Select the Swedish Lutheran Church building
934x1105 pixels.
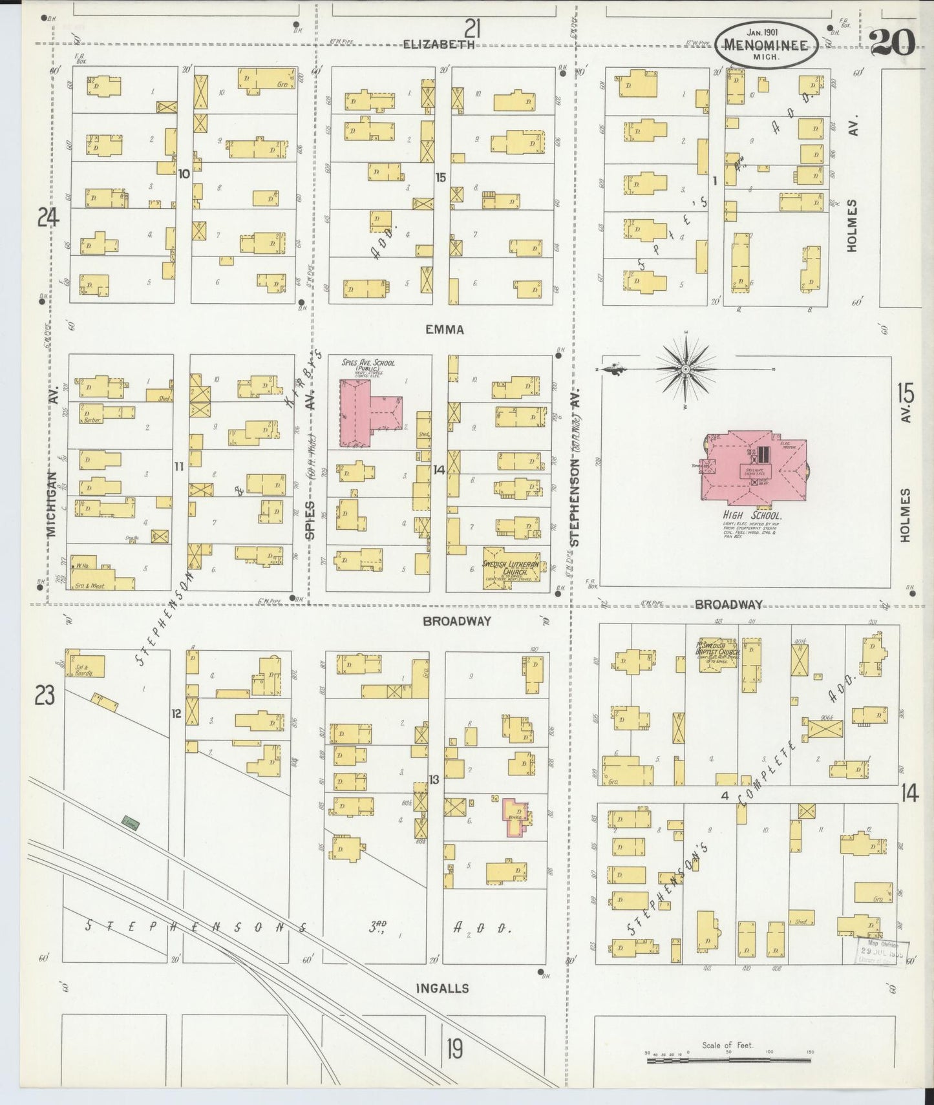click(x=511, y=567)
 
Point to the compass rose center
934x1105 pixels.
click(x=685, y=369)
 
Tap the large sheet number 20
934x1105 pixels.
click(x=892, y=43)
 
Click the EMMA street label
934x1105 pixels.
click(x=445, y=330)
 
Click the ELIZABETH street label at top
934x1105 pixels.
click(x=439, y=45)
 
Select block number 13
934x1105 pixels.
click(x=434, y=780)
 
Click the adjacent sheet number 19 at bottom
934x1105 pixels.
click(x=454, y=1048)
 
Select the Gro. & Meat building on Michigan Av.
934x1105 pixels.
click(x=103, y=578)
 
